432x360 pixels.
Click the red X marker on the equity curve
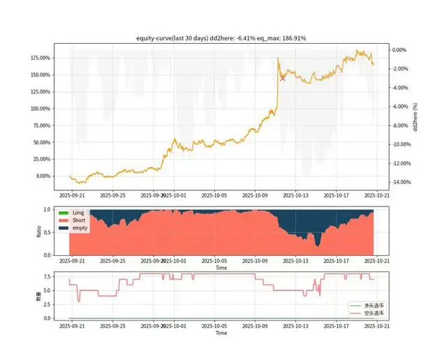tap(282, 78)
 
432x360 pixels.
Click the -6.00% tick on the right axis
tap(399, 106)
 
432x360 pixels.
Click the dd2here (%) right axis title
tap(416, 116)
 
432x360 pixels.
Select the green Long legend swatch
tap(63, 213)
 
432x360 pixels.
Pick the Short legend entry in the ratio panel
tap(79, 220)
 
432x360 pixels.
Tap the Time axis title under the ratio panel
tap(221, 268)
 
